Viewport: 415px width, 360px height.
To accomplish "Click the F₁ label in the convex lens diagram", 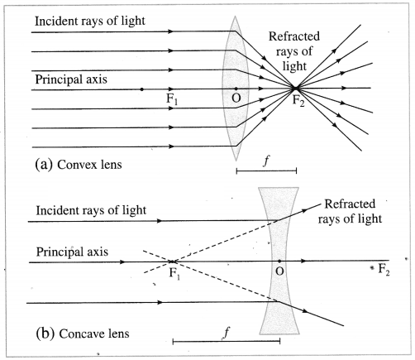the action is pyautogui.click(x=172, y=99).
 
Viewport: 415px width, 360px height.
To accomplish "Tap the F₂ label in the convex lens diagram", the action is pyautogui.click(x=298, y=101).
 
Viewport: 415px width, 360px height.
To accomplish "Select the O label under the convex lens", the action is pyautogui.click(x=236, y=98).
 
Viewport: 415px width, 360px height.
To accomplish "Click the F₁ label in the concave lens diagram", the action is pyautogui.click(x=174, y=274).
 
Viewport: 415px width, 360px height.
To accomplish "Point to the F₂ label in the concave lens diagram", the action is pyautogui.click(x=384, y=269).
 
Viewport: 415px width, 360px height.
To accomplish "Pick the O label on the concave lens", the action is pyautogui.click(x=279, y=271).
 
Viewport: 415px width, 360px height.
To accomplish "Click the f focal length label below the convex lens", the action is pyautogui.click(x=266, y=161).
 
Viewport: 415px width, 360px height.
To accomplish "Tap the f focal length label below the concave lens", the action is pyautogui.click(x=227, y=332).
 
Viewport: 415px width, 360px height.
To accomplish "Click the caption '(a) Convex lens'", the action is pyautogui.click(x=79, y=165).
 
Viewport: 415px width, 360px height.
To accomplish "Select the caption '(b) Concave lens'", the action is pyautogui.click(x=83, y=334).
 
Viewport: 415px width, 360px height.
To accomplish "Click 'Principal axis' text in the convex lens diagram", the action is pyautogui.click(x=71, y=79).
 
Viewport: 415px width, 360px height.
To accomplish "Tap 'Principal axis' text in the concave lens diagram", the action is pyautogui.click(x=72, y=252).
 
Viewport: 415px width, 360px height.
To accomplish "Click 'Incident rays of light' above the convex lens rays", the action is pyautogui.click(x=90, y=21).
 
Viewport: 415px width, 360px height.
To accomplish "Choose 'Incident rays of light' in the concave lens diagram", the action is pyautogui.click(x=91, y=210).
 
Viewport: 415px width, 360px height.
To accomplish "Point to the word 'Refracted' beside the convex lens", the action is pyautogui.click(x=294, y=36).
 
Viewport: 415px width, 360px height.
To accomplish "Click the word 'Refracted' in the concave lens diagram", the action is pyautogui.click(x=350, y=204).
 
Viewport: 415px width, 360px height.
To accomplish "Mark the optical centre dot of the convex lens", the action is pyautogui.click(x=236, y=89).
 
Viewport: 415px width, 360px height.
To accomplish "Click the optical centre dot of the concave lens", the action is pyautogui.click(x=279, y=261).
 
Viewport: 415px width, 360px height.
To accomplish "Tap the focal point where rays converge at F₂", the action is pyautogui.click(x=295, y=89).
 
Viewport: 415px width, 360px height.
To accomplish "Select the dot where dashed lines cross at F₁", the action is pyautogui.click(x=172, y=262).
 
